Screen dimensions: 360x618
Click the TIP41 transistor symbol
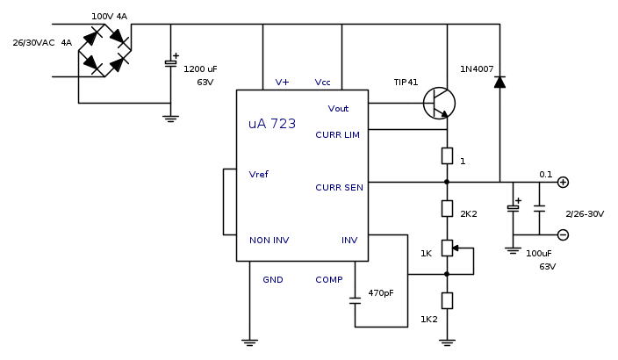439,104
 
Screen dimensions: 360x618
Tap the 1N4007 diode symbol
499,82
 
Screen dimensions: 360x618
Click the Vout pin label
338,109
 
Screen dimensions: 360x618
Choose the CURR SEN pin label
339,187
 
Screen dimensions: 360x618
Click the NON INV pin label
269,240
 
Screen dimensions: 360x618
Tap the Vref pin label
259,174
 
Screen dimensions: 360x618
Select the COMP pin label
329,279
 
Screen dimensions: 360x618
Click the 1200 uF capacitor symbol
171,64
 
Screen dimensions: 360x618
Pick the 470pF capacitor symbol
355,300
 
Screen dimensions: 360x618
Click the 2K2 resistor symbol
447,209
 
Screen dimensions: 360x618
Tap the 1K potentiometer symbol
448,248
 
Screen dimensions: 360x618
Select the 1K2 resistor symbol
447,300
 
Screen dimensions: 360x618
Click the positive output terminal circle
563,183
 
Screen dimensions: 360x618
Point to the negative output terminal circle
563,234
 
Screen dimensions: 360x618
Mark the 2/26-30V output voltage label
585,213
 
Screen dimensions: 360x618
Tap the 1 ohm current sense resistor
447,156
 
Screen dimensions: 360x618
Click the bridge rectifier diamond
105,50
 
